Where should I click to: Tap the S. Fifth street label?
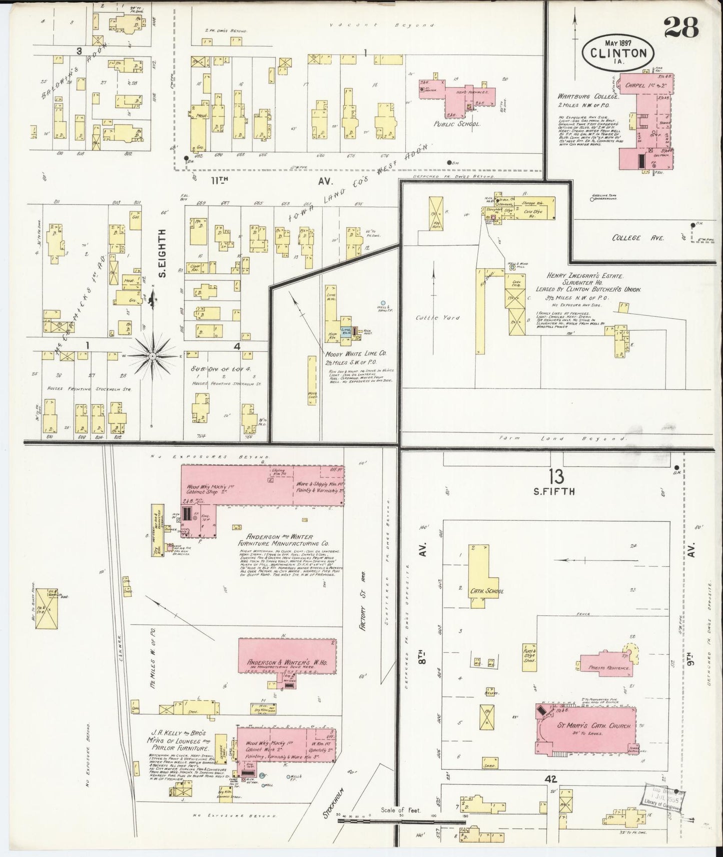click(554, 491)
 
